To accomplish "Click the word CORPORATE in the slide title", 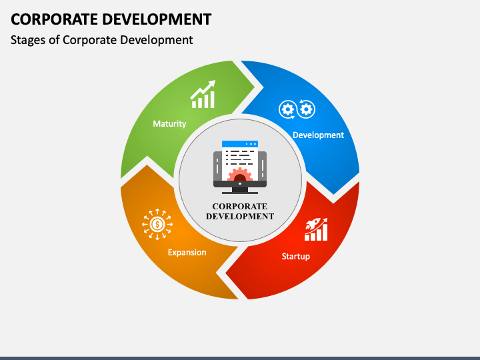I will pos(51,19).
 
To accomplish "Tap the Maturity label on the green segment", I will pos(169,124).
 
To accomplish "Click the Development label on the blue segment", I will pos(318,135).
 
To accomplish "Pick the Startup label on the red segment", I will pos(295,256).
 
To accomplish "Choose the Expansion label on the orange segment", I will pos(187,253).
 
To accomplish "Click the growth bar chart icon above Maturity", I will pos(203,95).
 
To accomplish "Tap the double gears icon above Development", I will pos(296,109).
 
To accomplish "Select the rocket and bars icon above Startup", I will pos(316,229).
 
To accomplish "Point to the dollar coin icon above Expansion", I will pos(157,225).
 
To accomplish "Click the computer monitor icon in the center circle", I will pos(240,167).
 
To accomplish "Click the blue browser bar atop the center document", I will pos(240,143).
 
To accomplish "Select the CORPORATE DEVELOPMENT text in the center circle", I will pos(240,211).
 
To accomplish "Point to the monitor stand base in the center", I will pos(240,191).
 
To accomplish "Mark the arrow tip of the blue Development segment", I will pos(333,193).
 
